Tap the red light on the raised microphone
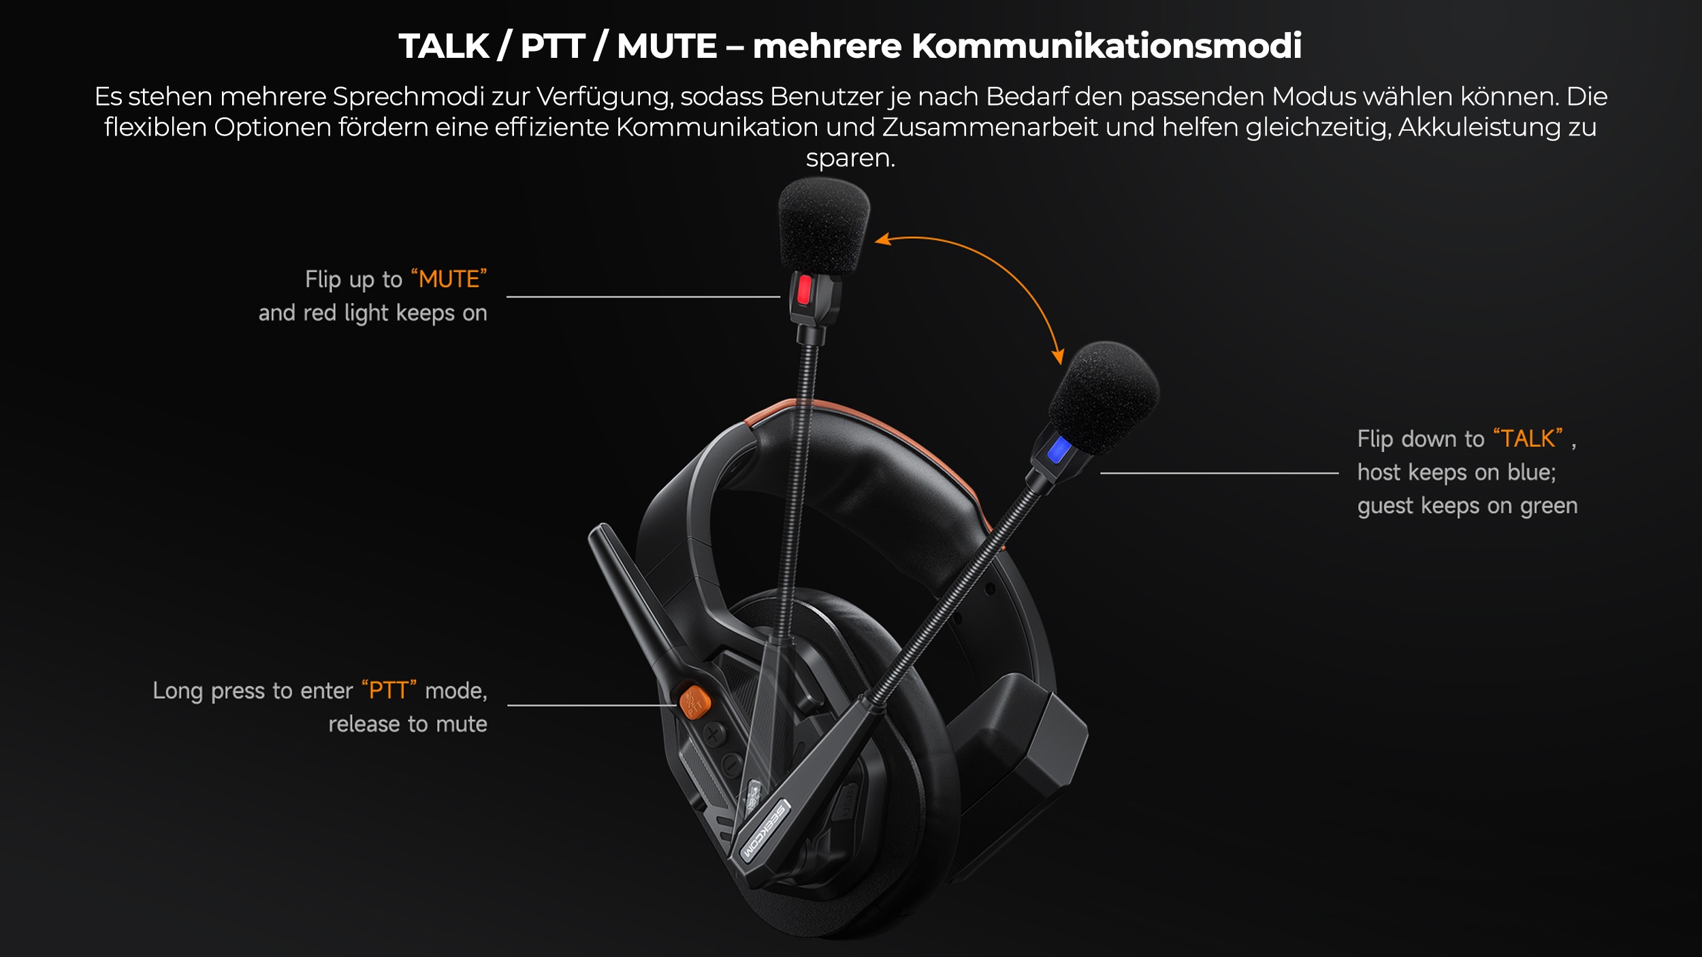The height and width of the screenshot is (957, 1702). [x=804, y=291]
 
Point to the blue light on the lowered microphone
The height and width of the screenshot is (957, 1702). [x=1059, y=450]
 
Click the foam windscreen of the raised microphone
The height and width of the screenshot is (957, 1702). [x=823, y=225]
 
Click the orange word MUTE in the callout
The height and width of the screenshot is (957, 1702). [x=449, y=279]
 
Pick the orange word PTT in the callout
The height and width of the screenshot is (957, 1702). [x=388, y=690]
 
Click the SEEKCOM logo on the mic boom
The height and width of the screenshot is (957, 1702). [x=765, y=830]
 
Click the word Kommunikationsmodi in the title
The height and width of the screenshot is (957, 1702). [x=1106, y=46]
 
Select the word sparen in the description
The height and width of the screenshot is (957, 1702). [x=850, y=159]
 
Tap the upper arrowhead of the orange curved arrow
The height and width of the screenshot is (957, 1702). [x=883, y=239]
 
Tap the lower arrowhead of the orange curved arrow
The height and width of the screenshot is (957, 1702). [x=1057, y=356]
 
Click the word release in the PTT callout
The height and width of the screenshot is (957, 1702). [x=364, y=724]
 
